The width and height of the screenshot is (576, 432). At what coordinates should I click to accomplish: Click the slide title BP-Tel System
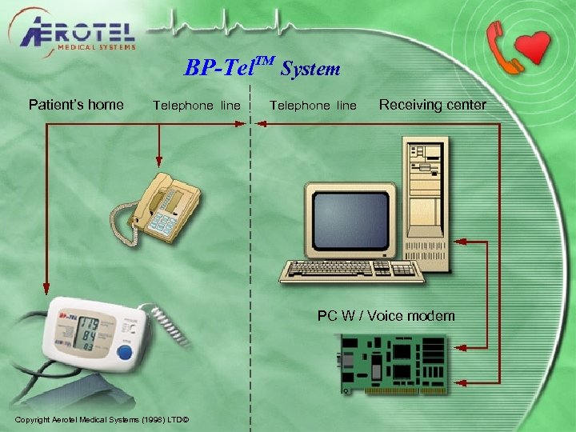(262, 68)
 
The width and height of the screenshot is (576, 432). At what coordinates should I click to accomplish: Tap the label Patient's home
(76, 104)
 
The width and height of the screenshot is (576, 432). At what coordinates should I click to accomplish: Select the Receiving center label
(432, 105)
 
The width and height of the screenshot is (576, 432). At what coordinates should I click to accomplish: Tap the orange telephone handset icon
(503, 43)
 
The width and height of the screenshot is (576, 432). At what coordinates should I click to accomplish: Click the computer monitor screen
(350, 218)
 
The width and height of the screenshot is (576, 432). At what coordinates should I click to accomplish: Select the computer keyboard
(352, 270)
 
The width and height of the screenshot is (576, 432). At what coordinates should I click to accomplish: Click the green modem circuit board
(392, 362)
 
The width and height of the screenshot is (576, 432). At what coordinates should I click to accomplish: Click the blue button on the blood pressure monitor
(124, 352)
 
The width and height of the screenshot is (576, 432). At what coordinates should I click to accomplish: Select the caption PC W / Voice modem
(386, 316)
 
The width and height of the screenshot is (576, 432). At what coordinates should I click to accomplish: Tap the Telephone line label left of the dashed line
(196, 106)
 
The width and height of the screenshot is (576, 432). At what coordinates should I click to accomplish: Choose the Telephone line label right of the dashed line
(313, 106)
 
